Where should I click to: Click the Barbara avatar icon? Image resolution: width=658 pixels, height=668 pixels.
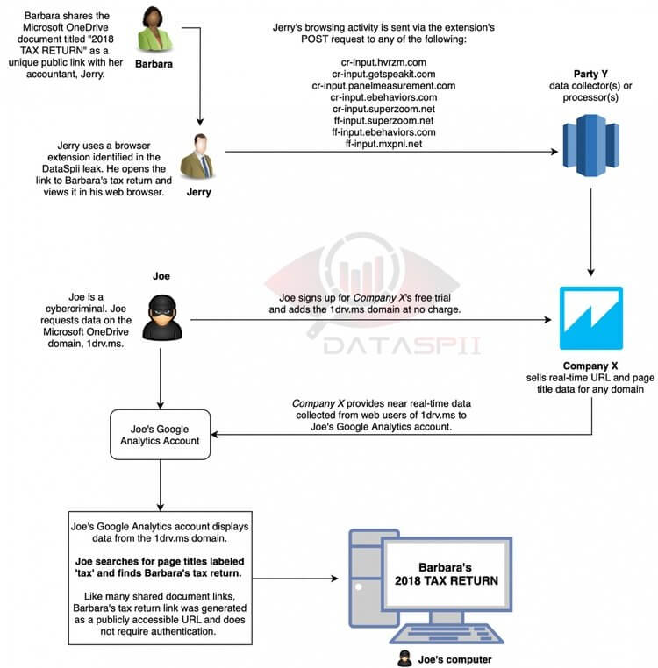pos(155,30)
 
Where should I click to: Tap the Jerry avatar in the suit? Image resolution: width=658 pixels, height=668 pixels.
pos(197,156)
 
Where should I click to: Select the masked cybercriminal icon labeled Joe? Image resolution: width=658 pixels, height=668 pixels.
pos(161,317)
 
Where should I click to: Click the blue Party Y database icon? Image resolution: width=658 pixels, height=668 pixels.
pos(590,146)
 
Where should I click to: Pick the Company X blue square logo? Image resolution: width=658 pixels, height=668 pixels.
pos(591,318)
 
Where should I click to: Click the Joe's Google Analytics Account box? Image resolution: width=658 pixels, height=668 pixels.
pos(160,435)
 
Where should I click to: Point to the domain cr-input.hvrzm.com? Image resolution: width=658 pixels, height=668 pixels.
pos(383,62)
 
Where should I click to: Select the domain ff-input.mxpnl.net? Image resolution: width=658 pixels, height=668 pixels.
pos(383,144)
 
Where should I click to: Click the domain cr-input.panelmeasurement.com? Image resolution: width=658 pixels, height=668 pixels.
pos(383,86)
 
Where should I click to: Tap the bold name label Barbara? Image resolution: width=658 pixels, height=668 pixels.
pos(154,64)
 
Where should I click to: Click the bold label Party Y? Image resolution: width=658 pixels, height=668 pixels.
pos(590,74)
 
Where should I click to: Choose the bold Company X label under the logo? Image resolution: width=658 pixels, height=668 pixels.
pos(590,366)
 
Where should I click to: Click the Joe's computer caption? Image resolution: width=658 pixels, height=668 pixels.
pos(454,659)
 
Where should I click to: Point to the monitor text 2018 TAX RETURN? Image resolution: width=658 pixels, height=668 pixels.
pos(446,580)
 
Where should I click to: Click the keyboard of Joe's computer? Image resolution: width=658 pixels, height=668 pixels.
pos(446,634)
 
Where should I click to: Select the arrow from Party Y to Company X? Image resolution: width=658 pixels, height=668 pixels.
pos(590,232)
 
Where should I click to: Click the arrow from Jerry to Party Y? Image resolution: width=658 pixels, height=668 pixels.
pos(391,152)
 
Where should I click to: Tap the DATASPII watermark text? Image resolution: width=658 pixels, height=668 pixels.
pos(402,345)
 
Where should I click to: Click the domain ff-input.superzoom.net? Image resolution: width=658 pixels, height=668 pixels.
pos(383,121)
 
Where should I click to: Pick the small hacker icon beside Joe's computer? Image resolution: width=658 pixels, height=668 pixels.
pos(404,658)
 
